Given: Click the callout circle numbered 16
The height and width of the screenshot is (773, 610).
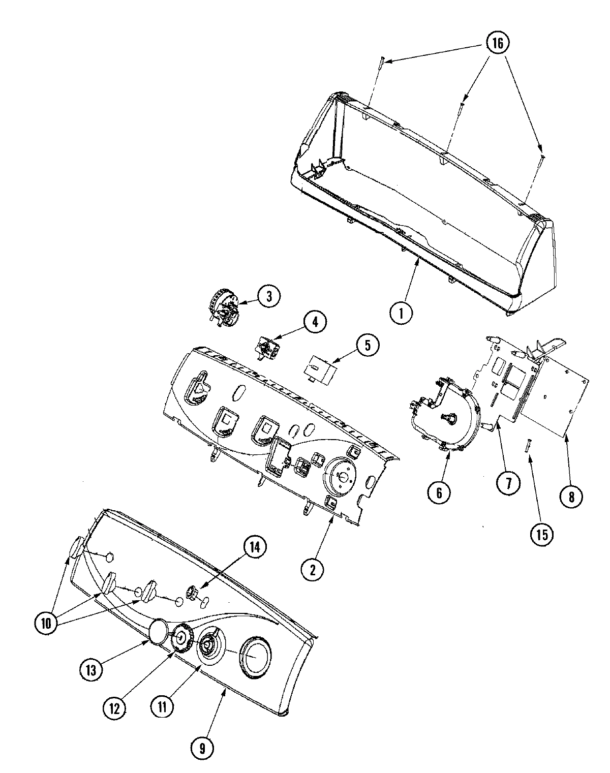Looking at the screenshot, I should point(496,43).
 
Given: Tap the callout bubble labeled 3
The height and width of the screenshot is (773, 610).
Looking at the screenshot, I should point(269,296).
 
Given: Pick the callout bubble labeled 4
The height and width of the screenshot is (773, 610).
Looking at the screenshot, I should point(315,322).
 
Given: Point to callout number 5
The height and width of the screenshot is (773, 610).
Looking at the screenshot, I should point(368,345).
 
